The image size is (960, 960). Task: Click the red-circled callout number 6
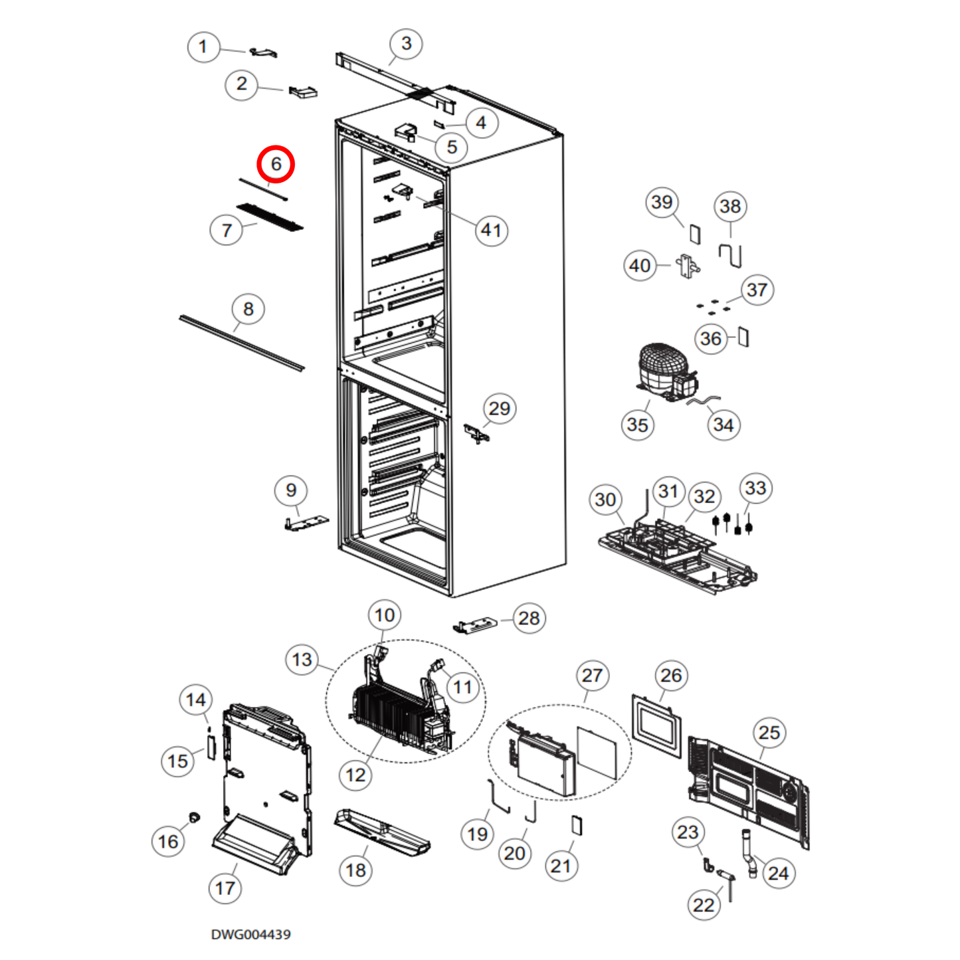(276, 164)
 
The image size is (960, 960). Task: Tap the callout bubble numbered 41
(492, 230)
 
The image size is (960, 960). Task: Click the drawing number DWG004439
(250, 934)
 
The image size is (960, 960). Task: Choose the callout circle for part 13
(302, 660)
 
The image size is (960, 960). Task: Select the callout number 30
(605, 500)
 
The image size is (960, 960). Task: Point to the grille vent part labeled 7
(270, 217)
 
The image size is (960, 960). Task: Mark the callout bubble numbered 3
(406, 44)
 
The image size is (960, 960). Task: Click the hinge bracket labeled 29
(477, 434)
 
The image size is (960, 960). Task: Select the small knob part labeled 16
(194, 816)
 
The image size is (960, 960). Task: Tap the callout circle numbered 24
(778, 873)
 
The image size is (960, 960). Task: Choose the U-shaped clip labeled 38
(730, 255)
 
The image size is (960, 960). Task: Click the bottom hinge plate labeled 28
(475, 624)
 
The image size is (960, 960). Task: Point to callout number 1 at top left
(203, 47)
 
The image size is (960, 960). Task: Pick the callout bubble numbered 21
(561, 866)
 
